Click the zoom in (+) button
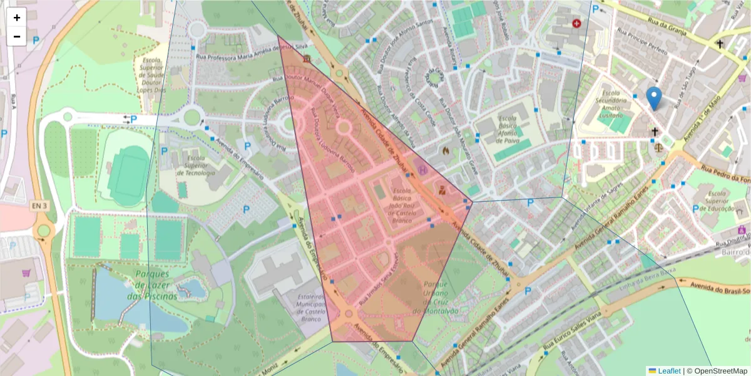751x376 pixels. tap(17, 18)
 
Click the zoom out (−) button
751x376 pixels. tap(17, 36)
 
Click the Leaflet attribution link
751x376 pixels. tap(669, 371)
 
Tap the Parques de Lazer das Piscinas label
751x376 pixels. tap(148, 285)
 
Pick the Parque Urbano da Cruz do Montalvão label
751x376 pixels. tap(436, 297)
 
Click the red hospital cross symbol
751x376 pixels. tap(576, 23)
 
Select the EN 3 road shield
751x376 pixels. tap(39, 206)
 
